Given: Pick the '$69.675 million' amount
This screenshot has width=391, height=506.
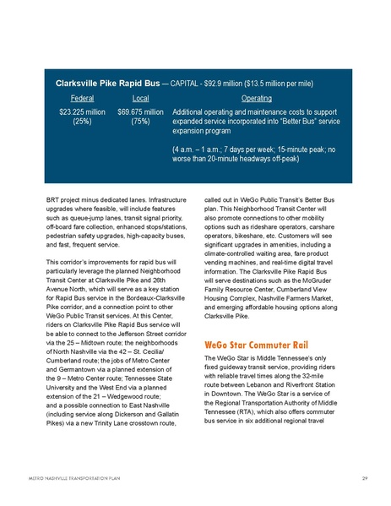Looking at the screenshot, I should pyautogui.click(x=140, y=112).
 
